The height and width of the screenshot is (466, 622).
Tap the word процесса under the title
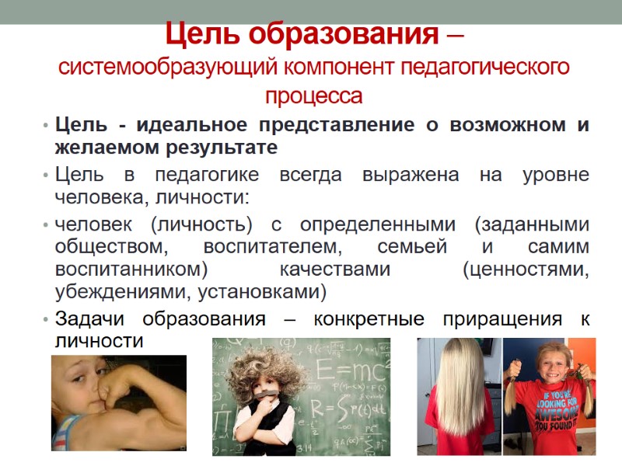pos(314,96)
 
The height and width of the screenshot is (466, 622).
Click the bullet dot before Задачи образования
pos(47,319)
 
